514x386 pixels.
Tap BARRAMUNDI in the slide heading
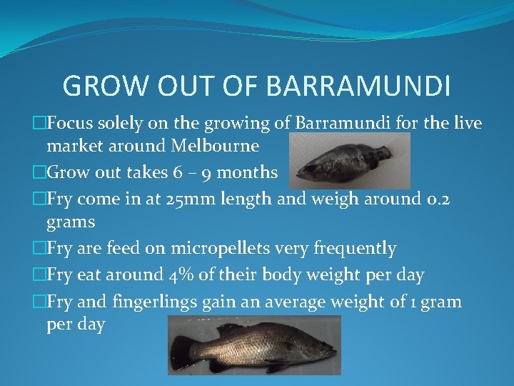358,86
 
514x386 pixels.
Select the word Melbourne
215,146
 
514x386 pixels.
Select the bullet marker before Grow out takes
40,172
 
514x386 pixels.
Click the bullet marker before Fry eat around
40,274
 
